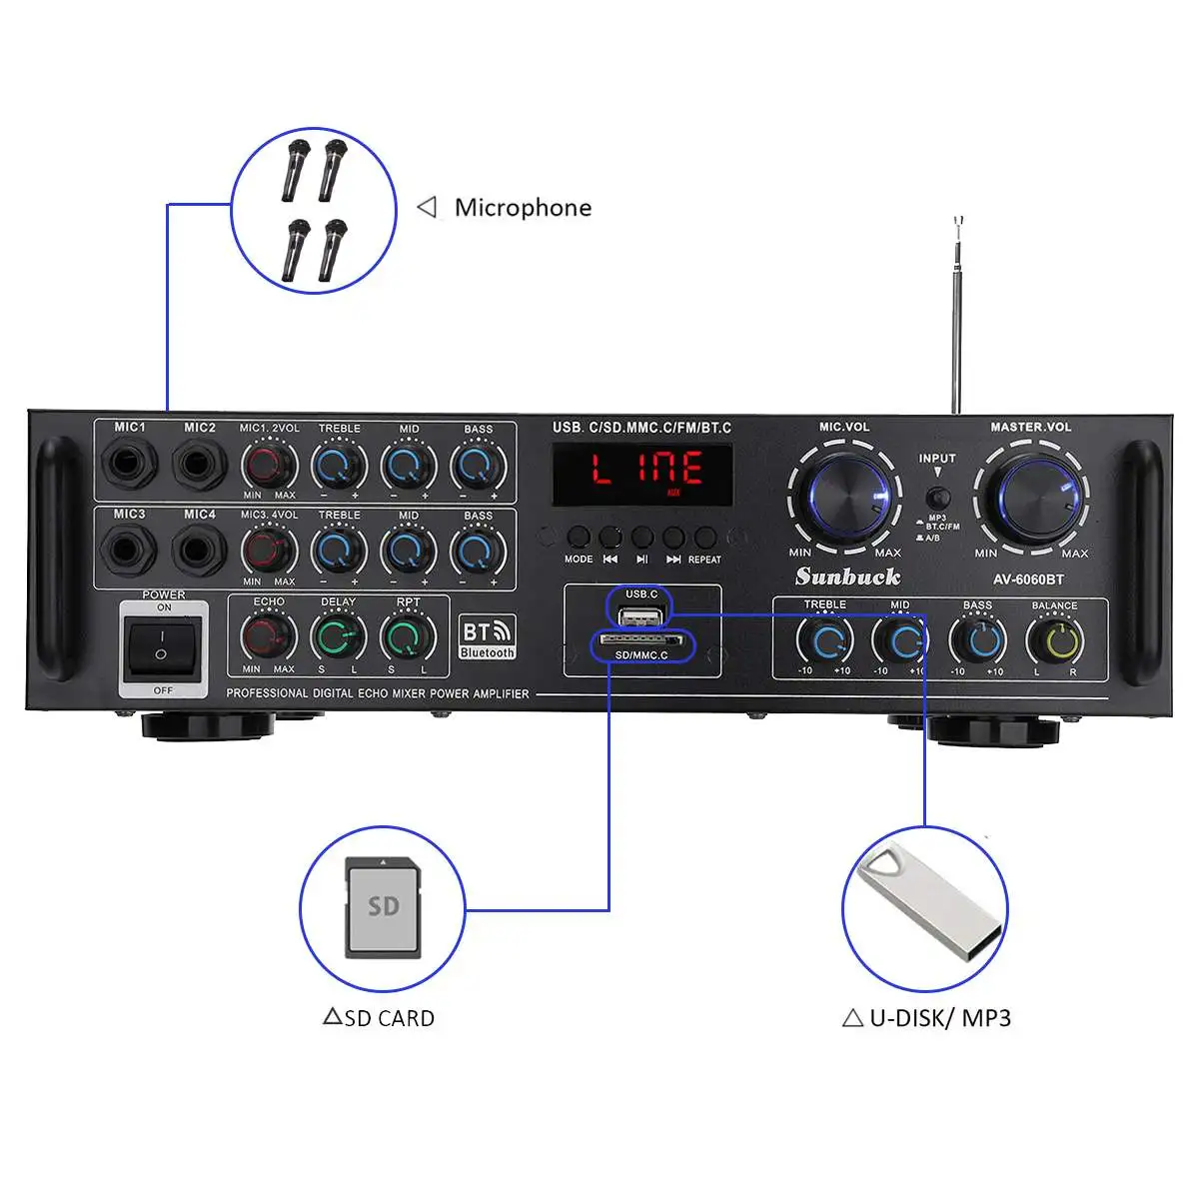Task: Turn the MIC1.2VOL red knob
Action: tap(269, 465)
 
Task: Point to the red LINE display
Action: tap(642, 473)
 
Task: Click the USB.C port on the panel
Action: tap(640, 615)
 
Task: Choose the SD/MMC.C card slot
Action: tap(639, 640)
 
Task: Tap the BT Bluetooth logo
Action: tap(487, 637)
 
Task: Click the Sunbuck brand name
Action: tap(847, 577)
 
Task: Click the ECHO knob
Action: tap(269, 636)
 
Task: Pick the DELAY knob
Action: tap(338, 636)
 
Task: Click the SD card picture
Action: tap(383, 907)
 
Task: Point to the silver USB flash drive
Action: tap(925, 906)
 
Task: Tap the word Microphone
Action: tap(523, 208)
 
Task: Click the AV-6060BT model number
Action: tap(1027, 580)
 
